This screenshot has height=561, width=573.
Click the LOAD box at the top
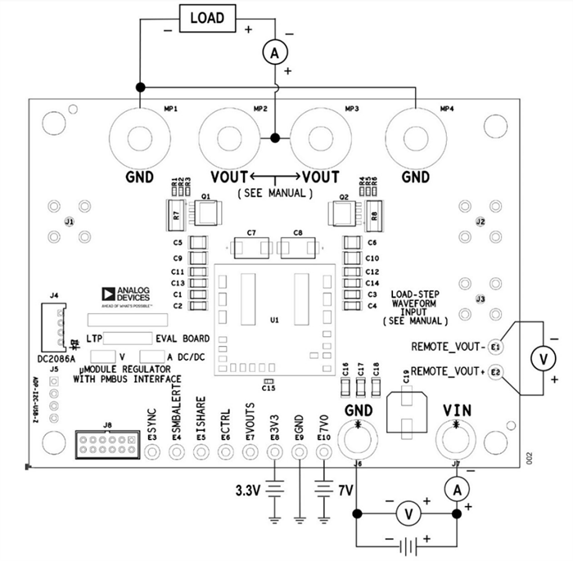point(206,17)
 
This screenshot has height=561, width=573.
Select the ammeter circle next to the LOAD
point(275,52)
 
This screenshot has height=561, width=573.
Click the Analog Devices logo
point(123,296)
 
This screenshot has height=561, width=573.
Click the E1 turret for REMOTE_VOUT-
point(495,347)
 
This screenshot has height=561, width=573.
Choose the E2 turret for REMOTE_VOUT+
point(495,372)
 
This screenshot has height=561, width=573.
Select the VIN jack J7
point(455,439)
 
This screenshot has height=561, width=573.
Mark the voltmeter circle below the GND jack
point(405,514)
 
